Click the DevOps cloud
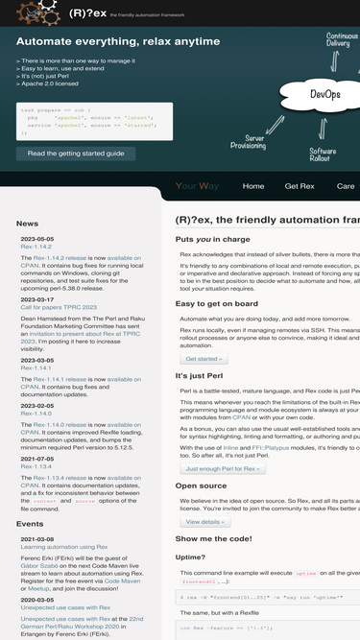point(324,95)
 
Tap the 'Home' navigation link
point(253,186)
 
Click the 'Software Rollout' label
point(323,156)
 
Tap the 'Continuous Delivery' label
point(338,39)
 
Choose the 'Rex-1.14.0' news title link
point(36,414)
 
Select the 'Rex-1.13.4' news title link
point(36,466)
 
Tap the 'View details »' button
point(204,521)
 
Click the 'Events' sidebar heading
point(30,524)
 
